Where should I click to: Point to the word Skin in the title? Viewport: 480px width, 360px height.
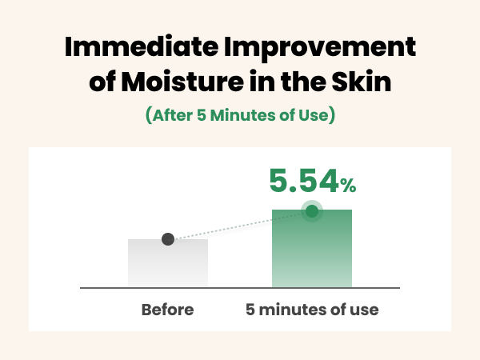pos(362,82)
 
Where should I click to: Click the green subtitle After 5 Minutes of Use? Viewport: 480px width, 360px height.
pos(240,115)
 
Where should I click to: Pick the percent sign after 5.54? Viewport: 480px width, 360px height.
pos(347,186)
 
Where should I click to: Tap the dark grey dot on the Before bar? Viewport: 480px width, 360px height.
pos(168,238)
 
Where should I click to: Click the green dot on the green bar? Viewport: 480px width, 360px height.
pos(311,212)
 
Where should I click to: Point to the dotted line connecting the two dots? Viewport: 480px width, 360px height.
pos(240,226)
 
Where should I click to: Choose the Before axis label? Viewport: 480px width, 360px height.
pos(168,309)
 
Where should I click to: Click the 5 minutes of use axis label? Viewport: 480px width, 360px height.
pos(312,309)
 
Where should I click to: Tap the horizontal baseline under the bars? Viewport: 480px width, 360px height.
pos(240,287)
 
